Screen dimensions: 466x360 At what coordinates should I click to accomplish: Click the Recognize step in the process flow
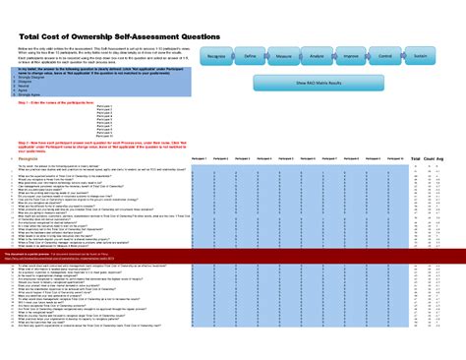(219, 58)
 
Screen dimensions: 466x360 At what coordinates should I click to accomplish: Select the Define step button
(251, 58)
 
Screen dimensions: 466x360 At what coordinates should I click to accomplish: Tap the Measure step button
(283, 58)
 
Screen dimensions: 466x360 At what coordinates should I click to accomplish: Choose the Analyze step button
(317, 58)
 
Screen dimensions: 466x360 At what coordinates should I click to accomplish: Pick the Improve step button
(350, 58)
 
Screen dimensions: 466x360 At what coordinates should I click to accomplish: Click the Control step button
(384, 58)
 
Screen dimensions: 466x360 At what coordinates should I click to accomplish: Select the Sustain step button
(420, 58)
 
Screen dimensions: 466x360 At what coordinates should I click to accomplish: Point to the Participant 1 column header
(197, 156)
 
